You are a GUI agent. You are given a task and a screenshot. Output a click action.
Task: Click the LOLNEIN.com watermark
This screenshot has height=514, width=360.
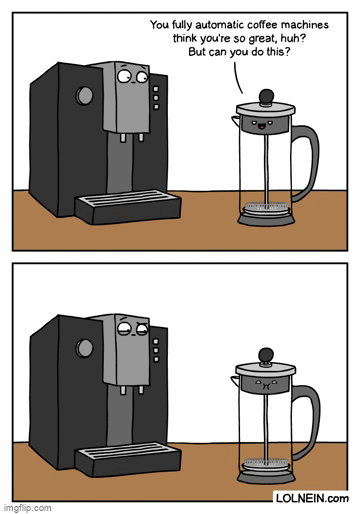[314, 496]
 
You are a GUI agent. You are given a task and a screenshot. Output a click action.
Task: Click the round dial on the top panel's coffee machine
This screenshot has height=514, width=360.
[85, 97]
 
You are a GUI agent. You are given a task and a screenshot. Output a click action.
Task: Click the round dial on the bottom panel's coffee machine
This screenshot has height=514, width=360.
[85, 349]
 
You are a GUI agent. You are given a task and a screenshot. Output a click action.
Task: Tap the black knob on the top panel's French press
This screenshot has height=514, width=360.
[265, 97]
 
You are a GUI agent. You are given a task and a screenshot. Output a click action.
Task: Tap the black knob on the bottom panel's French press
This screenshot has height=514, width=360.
[265, 353]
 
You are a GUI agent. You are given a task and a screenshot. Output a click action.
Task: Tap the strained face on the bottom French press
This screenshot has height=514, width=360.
[264, 381]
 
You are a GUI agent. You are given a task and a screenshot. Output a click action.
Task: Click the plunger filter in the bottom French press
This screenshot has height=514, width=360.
[265, 462]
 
